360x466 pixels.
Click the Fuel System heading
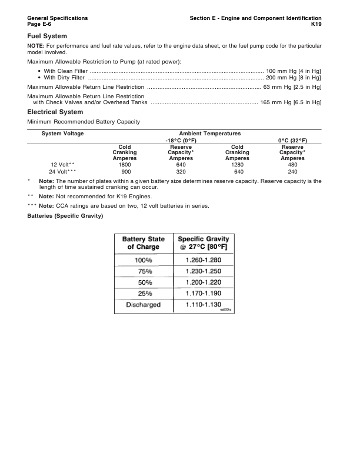point(47,36)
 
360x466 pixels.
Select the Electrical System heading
point(55,112)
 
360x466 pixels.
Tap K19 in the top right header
point(316,25)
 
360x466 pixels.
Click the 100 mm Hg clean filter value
point(294,71)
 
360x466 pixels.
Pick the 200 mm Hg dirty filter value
point(294,78)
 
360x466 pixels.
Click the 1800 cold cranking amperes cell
point(125,165)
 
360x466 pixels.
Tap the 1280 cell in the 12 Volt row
point(237,165)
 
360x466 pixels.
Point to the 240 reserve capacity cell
point(292,172)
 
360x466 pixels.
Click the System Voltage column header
point(62,134)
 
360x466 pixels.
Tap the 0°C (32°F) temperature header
point(292,141)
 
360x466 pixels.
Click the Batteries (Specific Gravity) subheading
point(65,216)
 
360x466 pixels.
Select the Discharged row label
point(144,305)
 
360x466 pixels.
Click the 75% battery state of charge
point(144,271)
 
